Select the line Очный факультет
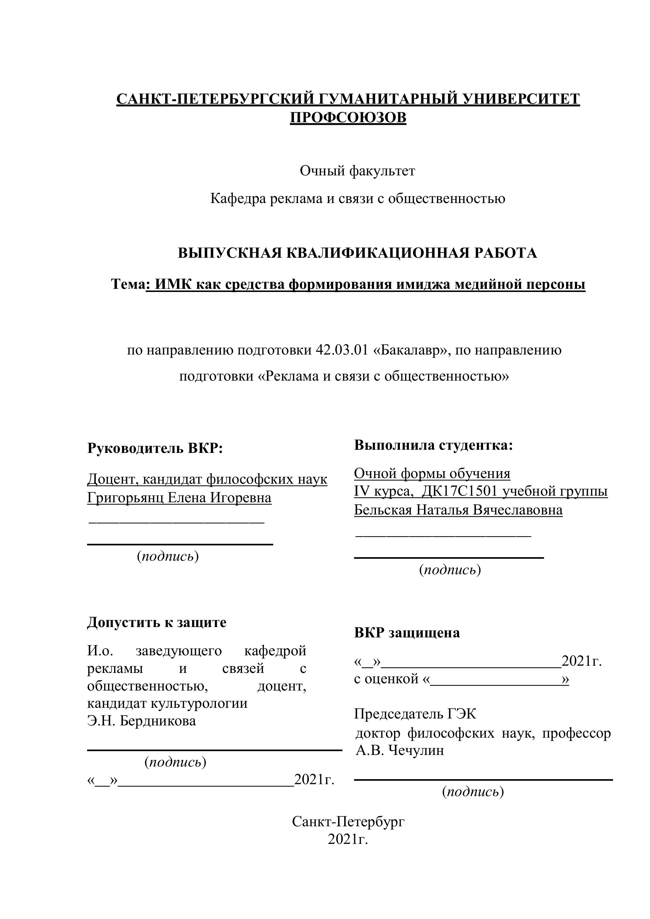357,171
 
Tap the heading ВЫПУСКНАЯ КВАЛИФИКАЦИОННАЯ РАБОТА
357,253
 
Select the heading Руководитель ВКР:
155,448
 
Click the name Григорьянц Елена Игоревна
179,498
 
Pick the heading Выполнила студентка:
433,445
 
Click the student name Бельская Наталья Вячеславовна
458,510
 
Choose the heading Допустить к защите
157,622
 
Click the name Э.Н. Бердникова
142,721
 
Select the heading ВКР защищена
407,632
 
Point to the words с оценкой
386,679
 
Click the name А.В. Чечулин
400,750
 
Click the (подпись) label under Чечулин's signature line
473,791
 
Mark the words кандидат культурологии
167,703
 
